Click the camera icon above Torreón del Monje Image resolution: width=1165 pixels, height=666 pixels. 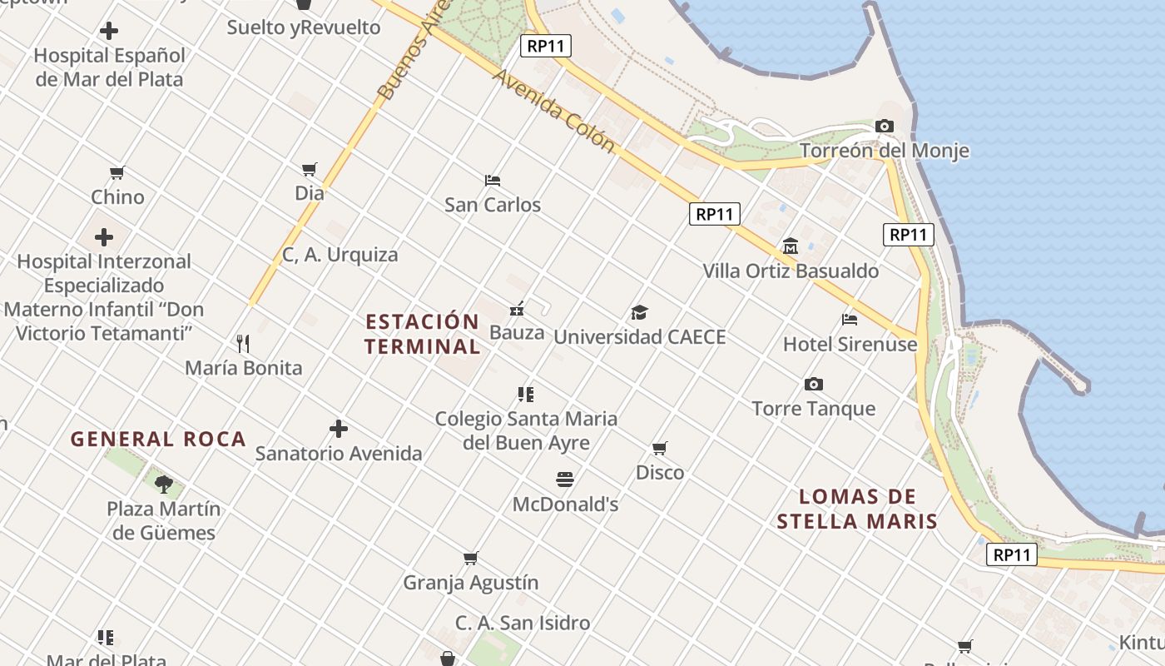[x=885, y=127]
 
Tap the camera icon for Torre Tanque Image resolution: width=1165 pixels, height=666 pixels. [x=814, y=384]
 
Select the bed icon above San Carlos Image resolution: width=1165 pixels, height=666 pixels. [x=493, y=180]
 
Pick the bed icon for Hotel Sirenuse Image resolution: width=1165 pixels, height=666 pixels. [x=850, y=319]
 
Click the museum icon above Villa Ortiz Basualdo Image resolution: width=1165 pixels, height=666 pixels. [x=791, y=246]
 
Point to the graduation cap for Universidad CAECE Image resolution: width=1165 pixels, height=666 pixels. [x=639, y=312]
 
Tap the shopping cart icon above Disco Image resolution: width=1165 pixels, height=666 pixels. [x=660, y=449]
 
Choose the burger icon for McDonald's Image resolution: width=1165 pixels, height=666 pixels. [x=565, y=480]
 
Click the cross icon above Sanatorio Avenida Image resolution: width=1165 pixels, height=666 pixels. [x=339, y=429]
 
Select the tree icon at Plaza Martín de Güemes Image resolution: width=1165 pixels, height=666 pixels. [x=164, y=484]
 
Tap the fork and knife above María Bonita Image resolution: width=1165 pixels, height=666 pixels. [x=243, y=343]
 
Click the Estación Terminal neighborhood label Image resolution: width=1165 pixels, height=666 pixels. [x=423, y=334]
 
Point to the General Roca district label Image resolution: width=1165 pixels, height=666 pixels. [x=158, y=440]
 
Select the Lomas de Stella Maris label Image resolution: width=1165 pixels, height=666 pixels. [x=857, y=509]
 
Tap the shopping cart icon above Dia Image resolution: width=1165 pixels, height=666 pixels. [x=310, y=169]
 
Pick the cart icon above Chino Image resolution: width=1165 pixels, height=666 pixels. [x=117, y=173]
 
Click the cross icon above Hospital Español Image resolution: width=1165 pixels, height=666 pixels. [x=109, y=32]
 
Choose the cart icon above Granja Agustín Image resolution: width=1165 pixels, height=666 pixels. [x=471, y=558]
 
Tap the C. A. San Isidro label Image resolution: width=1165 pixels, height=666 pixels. [x=523, y=623]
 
